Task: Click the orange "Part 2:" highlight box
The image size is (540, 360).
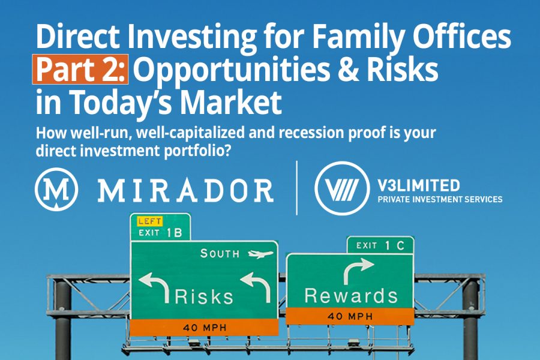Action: click(x=80, y=69)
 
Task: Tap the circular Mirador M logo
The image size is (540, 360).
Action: click(x=56, y=189)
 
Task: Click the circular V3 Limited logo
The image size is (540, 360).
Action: click(x=342, y=188)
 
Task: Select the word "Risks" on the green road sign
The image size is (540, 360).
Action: click(x=204, y=296)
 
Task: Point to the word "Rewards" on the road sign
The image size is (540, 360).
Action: click(x=351, y=296)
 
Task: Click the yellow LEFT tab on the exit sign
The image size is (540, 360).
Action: click(x=149, y=221)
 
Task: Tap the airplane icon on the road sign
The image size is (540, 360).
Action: click(x=260, y=254)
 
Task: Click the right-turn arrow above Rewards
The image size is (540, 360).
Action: click(x=358, y=271)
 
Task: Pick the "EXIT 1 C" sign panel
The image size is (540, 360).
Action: click(x=380, y=245)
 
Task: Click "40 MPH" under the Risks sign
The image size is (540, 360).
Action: click(x=205, y=327)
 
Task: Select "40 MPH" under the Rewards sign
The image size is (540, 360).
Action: click(x=350, y=316)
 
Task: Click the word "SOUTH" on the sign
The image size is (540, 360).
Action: click(x=220, y=254)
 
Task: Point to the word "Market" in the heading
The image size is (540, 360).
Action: click(x=231, y=102)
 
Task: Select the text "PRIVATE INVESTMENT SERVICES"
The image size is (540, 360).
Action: click(x=440, y=199)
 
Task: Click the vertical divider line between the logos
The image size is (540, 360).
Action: click(x=297, y=188)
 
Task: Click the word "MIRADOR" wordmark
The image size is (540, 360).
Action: click(x=185, y=190)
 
